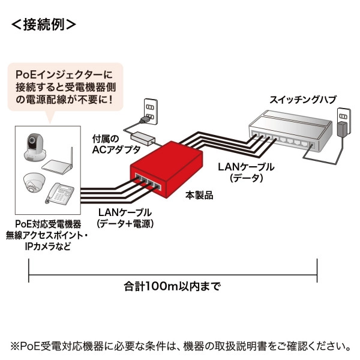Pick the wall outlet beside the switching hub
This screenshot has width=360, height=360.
pos(344,123)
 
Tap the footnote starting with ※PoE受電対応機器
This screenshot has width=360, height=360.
pos(180,346)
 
